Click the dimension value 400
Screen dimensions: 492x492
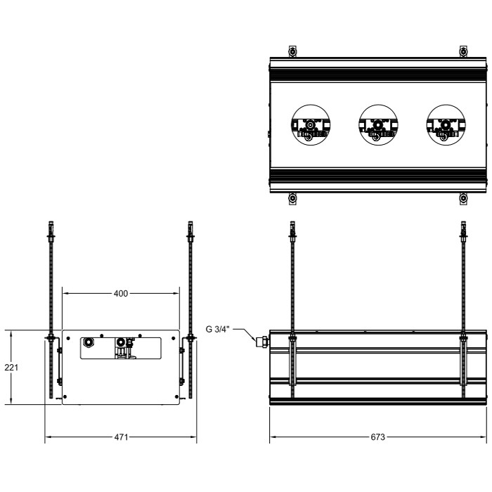[120, 293]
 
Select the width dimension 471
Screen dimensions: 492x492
[120, 437]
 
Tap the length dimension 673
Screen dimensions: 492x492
[377, 437]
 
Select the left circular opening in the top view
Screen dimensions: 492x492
[310, 125]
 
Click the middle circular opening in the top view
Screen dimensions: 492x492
[377, 125]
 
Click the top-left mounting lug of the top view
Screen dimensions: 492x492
[293, 53]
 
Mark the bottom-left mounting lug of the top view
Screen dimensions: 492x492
[293, 198]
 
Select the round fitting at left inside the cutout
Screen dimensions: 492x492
[89, 343]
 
